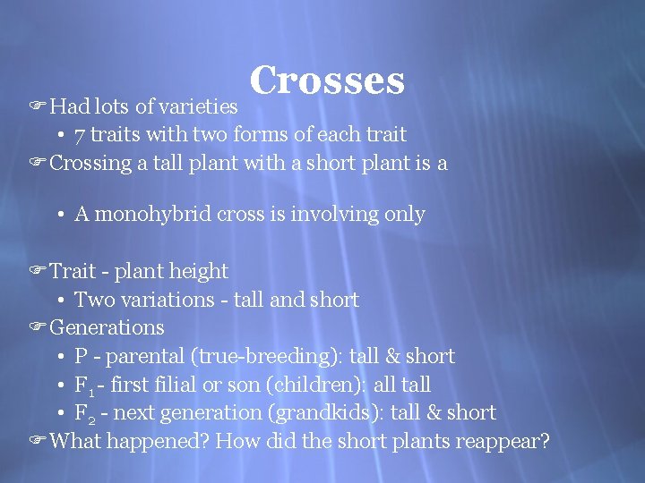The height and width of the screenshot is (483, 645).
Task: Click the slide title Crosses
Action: coord(328,80)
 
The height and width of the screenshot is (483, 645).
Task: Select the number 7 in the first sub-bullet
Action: coord(80,135)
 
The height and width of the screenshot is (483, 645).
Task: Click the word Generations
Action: coord(107,327)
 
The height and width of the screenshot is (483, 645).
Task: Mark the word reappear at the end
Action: coord(503,442)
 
